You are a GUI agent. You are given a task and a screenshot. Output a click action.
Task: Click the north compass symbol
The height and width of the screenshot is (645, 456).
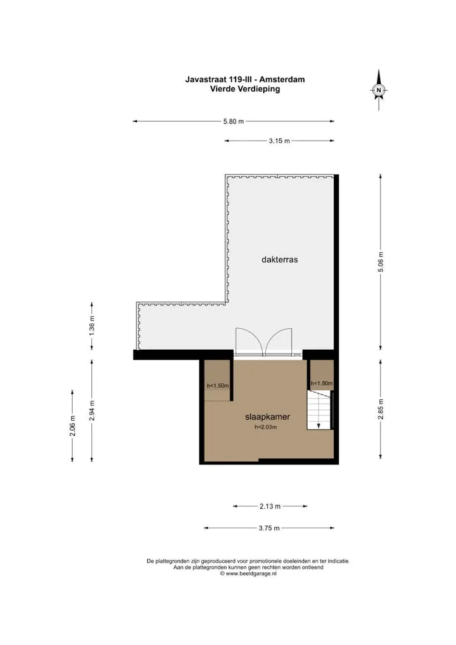(379, 90)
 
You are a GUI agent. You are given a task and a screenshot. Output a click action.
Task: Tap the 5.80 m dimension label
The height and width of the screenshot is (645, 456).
(234, 122)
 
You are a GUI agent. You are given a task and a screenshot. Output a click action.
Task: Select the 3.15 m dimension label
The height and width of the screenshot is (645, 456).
(279, 141)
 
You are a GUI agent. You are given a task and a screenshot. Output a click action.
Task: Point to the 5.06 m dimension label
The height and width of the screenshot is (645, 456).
(381, 262)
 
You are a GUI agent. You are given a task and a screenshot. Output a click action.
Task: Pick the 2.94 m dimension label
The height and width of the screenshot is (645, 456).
(92, 411)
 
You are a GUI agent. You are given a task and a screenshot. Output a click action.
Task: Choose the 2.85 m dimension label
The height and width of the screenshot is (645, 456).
(381, 409)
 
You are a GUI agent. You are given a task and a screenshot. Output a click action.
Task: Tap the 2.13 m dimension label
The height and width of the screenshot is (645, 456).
(270, 506)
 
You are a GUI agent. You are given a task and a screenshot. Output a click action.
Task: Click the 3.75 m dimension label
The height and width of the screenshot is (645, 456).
(269, 528)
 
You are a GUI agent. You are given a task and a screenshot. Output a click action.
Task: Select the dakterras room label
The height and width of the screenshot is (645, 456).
(279, 260)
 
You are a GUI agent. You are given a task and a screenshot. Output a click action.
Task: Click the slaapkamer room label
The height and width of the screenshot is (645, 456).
(268, 417)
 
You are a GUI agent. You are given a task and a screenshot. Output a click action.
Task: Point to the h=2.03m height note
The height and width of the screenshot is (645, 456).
(265, 427)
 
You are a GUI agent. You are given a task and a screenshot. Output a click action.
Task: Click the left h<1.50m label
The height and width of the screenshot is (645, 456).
(217, 386)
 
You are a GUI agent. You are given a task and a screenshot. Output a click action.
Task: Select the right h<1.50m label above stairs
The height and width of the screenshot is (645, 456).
(322, 383)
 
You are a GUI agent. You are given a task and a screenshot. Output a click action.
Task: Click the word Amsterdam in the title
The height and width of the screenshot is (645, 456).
(282, 79)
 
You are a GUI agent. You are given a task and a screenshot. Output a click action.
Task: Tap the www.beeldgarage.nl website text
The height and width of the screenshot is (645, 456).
(251, 573)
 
